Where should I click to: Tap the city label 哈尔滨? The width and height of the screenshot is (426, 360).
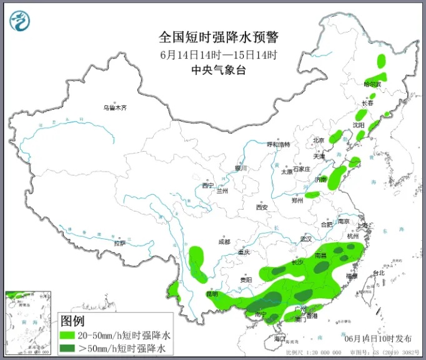click(372, 84)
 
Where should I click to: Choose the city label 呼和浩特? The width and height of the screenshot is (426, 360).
click(279, 144)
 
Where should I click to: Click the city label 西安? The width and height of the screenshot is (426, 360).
click(261, 207)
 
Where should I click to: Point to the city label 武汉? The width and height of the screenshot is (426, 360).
click(305, 239)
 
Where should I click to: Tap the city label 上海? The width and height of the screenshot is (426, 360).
click(360, 225)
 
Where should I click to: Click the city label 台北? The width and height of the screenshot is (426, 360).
click(379, 273)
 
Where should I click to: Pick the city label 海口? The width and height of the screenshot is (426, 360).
click(280, 338)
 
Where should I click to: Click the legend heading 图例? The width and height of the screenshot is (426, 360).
click(73, 321)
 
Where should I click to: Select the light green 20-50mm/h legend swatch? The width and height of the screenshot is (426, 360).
click(66, 335)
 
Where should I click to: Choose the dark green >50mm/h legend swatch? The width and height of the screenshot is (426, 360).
click(66, 348)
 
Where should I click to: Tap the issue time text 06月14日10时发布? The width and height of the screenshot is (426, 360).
click(378, 338)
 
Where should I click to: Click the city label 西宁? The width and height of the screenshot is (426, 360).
click(208, 185)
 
